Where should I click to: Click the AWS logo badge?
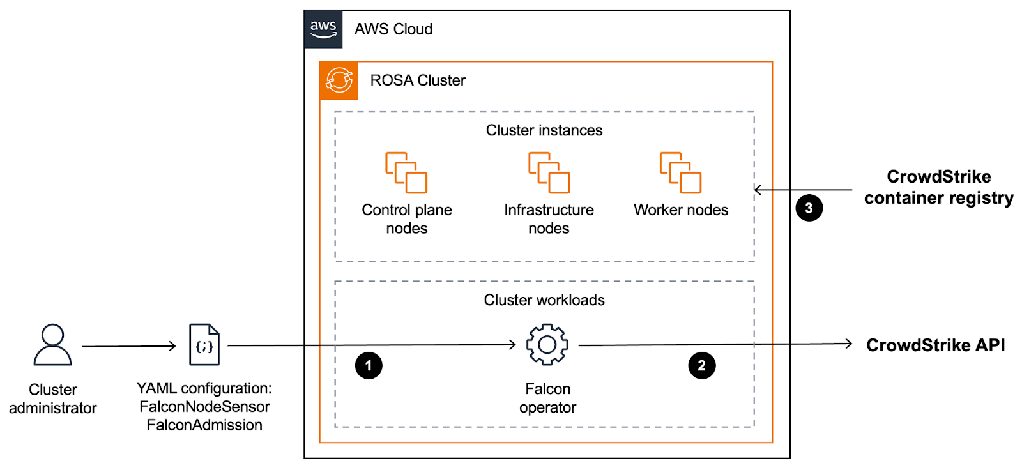[x=323, y=29]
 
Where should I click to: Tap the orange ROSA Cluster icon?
[x=339, y=80]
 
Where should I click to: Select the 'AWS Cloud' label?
[x=393, y=29]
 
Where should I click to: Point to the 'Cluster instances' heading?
[x=544, y=130]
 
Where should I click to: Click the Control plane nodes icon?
[x=406, y=172]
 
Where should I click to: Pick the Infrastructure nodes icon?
[x=549, y=172]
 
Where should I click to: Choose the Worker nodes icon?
[x=680, y=172]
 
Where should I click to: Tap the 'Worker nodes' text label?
[x=681, y=210]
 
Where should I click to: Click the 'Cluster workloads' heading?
[x=544, y=300]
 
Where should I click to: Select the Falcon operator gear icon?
[x=547, y=345]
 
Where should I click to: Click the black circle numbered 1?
[x=369, y=366]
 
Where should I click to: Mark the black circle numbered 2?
[x=701, y=366]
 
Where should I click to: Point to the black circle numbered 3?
[x=809, y=208]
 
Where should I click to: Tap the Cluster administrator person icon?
[x=53, y=345]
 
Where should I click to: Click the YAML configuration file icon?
[x=204, y=345]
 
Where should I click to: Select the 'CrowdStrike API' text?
[x=935, y=345]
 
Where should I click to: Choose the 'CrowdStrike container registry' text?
[x=938, y=187]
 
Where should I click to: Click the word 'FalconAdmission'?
[x=204, y=425]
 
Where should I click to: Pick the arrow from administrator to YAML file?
[x=128, y=346]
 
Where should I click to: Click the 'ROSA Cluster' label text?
[x=418, y=80]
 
